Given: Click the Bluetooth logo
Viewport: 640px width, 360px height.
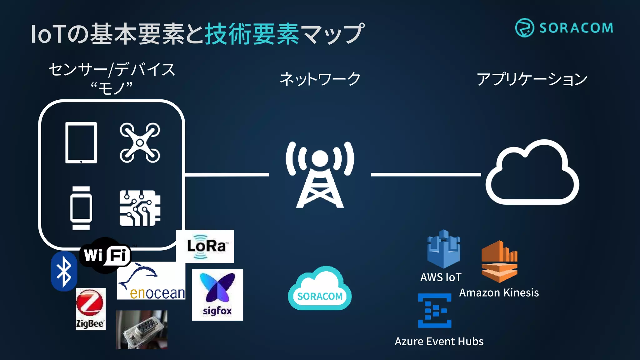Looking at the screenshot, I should pyautogui.click(x=64, y=271).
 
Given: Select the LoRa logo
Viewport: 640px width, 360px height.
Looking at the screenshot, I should pyautogui.click(x=205, y=246).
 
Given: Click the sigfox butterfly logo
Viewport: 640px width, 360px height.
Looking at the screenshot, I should pyautogui.click(x=217, y=295).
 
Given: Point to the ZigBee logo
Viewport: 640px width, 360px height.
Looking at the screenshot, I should pyautogui.click(x=90, y=309).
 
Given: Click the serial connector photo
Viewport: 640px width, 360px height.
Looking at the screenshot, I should pyautogui.click(x=142, y=329).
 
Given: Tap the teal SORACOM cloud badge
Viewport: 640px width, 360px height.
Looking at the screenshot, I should pyautogui.click(x=319, y=289).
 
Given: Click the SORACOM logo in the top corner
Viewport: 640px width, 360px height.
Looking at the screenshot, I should pyautogui.click(x=564, y=28).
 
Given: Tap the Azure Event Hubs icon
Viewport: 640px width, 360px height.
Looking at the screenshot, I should pyautogui.click(x=435, y=310).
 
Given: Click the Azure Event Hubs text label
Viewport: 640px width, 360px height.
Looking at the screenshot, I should pyautogui.click(x=439, y=341).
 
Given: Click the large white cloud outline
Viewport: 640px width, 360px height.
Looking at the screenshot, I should pyautogui.click(x=532, y=173).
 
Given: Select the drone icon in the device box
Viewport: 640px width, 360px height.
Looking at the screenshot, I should pyautogui.click(x=140, y=143).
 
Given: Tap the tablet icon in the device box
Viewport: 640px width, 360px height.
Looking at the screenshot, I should pyautogui.click(x=81, y=142).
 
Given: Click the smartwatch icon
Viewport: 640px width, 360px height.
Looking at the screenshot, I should pyautogui.click(x=81, y=208).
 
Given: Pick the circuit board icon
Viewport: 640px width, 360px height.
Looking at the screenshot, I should pyautogui.click(x=140, y=208).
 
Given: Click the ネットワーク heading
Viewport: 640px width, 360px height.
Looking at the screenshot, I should pyautogui.click(x=320, y=79).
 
